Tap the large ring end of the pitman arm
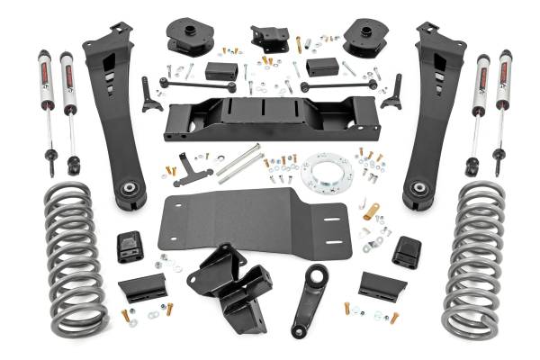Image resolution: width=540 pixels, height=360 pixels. pos(316,275)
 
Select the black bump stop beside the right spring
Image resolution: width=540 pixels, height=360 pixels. pos(407,251)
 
